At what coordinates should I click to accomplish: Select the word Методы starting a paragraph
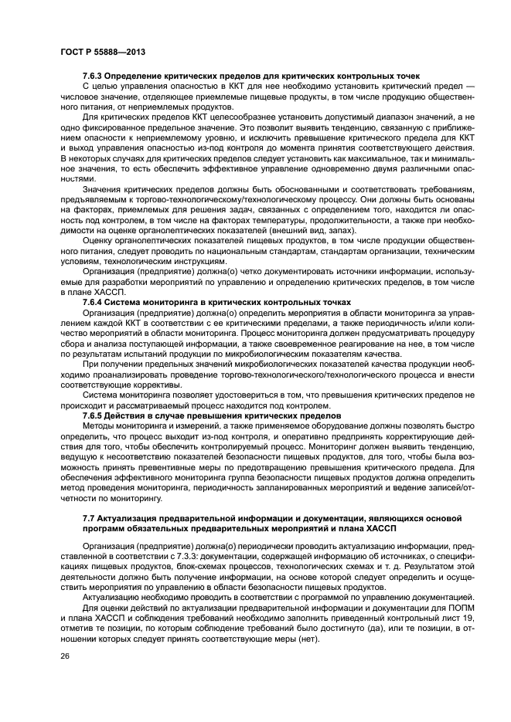coord(99,425)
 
